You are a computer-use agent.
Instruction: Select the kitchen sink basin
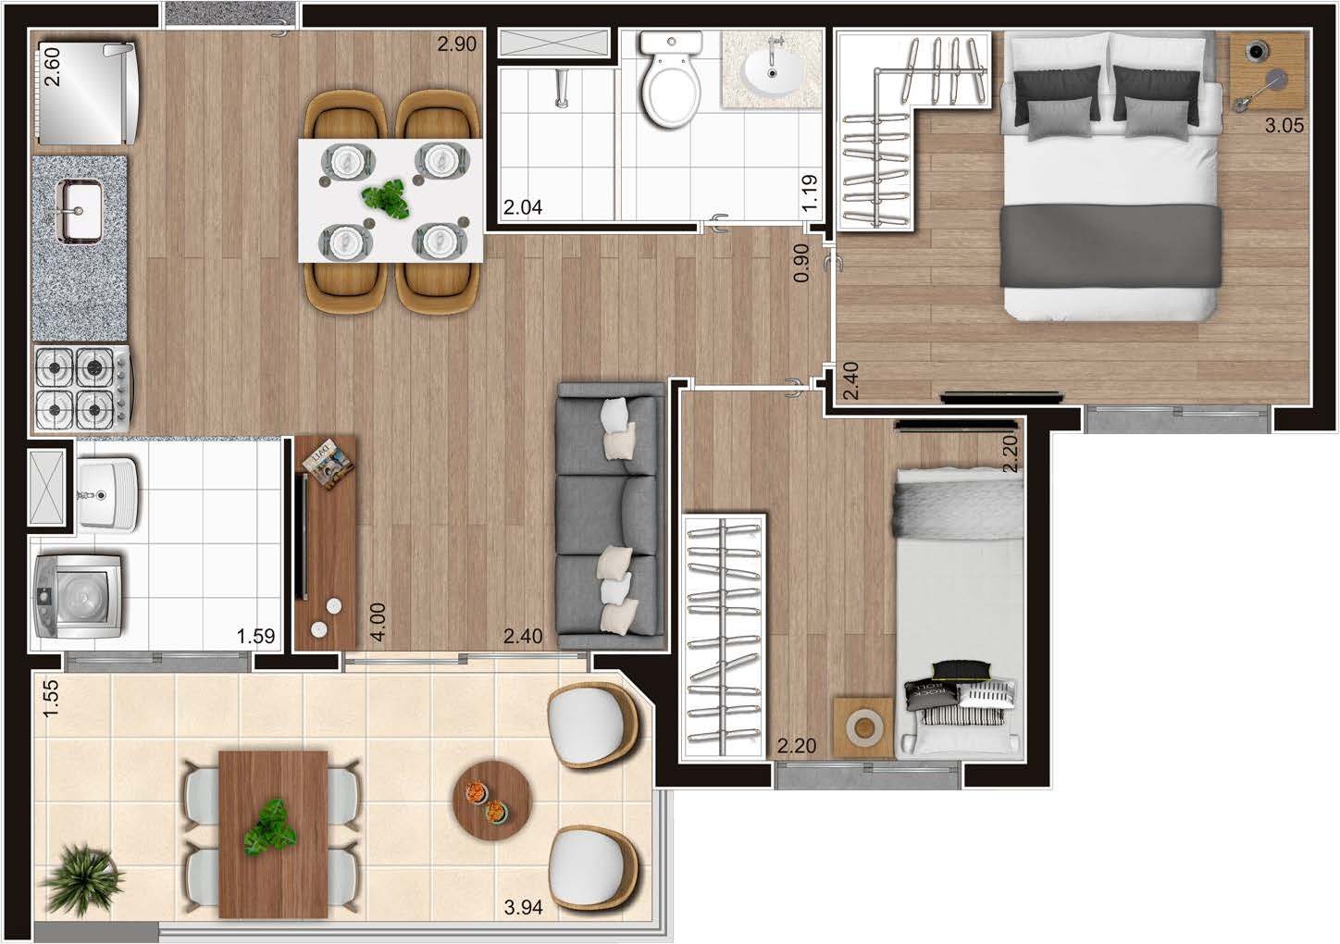(x=79, y=211)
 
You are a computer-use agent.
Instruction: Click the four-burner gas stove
(x=82, y=389)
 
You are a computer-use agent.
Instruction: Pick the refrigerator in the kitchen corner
(x=87, y=93)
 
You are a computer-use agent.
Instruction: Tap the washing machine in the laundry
(x=79, y=596)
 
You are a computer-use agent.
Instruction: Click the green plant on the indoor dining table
(x=387, y=198)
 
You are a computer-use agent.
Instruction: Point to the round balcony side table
(x=491, y=800)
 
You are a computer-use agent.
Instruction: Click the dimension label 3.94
(x=524, y=908)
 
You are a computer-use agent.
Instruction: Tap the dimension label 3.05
(x=1284, y=125)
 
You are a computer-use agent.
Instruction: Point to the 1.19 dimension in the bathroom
(x=809, y=193)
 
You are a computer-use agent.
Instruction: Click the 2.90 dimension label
(x=456, y=43)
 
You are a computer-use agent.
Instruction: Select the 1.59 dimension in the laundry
(x=256, y=636)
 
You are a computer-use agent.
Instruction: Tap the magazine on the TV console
(x=328, y=465)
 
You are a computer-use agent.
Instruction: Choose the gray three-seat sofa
(x=611, y=515)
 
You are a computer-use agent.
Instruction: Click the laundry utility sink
(x=108, y=494)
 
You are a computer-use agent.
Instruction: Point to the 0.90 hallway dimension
(x=801, y=263)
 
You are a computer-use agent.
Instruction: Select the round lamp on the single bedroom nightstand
(x=863, y=727)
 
